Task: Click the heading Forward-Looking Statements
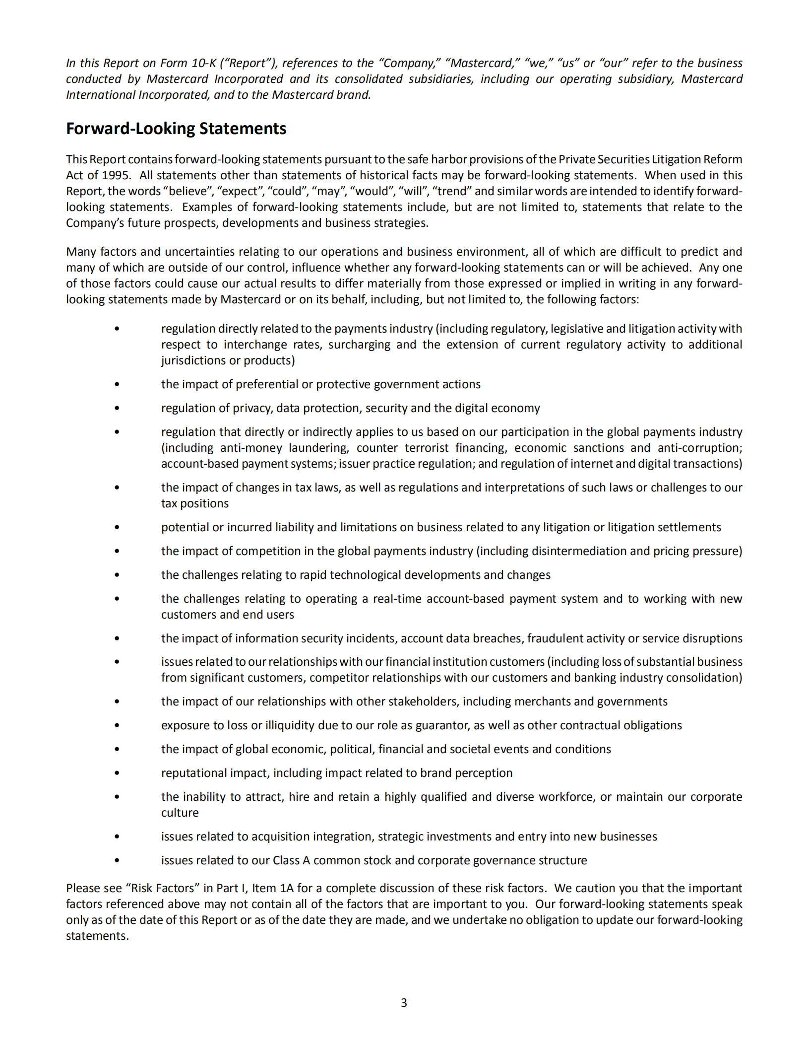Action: click(176, 129)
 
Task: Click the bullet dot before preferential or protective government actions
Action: click(117, 384)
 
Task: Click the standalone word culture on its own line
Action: click(180, 813)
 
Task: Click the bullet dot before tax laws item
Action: click(117, 488)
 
